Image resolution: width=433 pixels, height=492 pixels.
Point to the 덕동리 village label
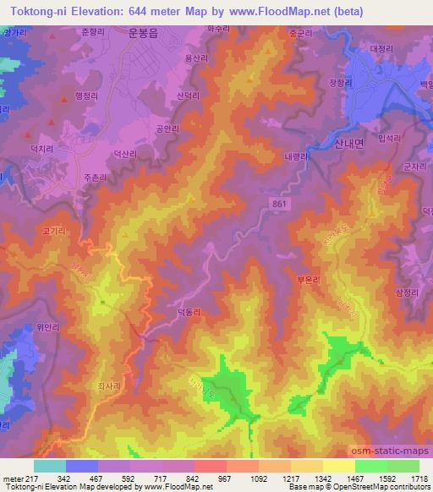[x=188, y=312]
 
